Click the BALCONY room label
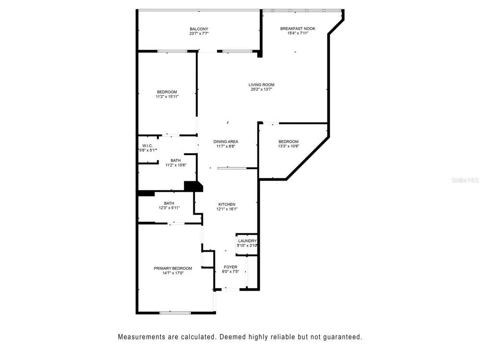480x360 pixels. (x=199, y=29)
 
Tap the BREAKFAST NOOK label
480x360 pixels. (x=298, y=29)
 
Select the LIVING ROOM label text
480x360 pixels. (x=262, y=85)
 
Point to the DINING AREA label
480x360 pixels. (x=226, y=142)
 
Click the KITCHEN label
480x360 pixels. (x=227, y=204)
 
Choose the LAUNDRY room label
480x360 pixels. (x=247, y=241)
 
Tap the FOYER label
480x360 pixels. (x=230, y=267)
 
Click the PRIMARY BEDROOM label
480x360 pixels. (x=173, y=268)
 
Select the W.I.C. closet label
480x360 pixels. (x=147, y=146)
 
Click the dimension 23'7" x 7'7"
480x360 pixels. (x=199, y=34)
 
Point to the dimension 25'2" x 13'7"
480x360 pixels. (x=262, y=89)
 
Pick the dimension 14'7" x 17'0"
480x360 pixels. (x=173, y=273)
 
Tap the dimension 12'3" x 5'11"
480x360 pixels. (x=169, y=208)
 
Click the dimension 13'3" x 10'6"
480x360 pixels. (x=288, y=146)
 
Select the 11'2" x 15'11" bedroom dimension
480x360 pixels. (x=167, y=97)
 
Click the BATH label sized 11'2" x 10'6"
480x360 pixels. (x=176, y=160)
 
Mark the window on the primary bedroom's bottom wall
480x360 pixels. (x=175, y=313)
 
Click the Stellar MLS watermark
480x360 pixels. (x=465, y=180)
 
